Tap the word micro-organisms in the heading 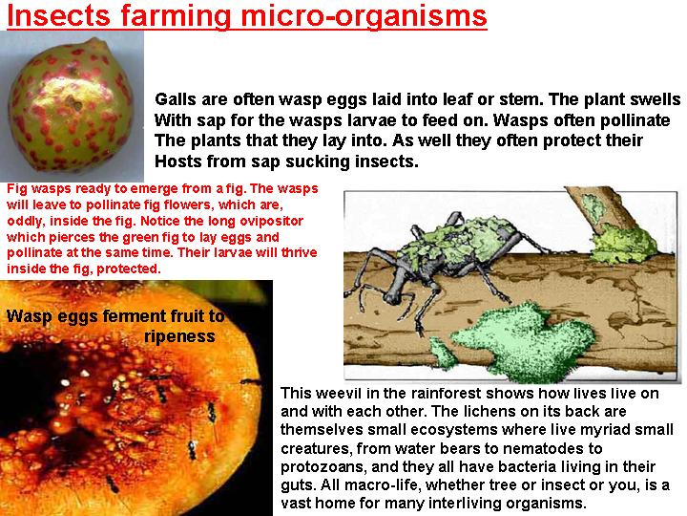pos(364,16)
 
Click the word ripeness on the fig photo pos(179,336)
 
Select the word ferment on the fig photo pos(129,316)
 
